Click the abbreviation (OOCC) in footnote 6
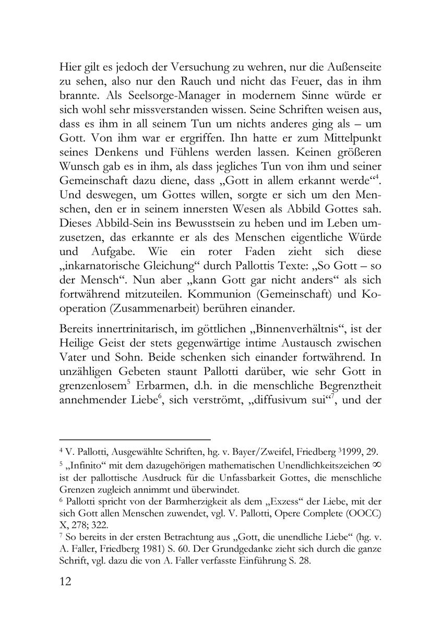[363, 515]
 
